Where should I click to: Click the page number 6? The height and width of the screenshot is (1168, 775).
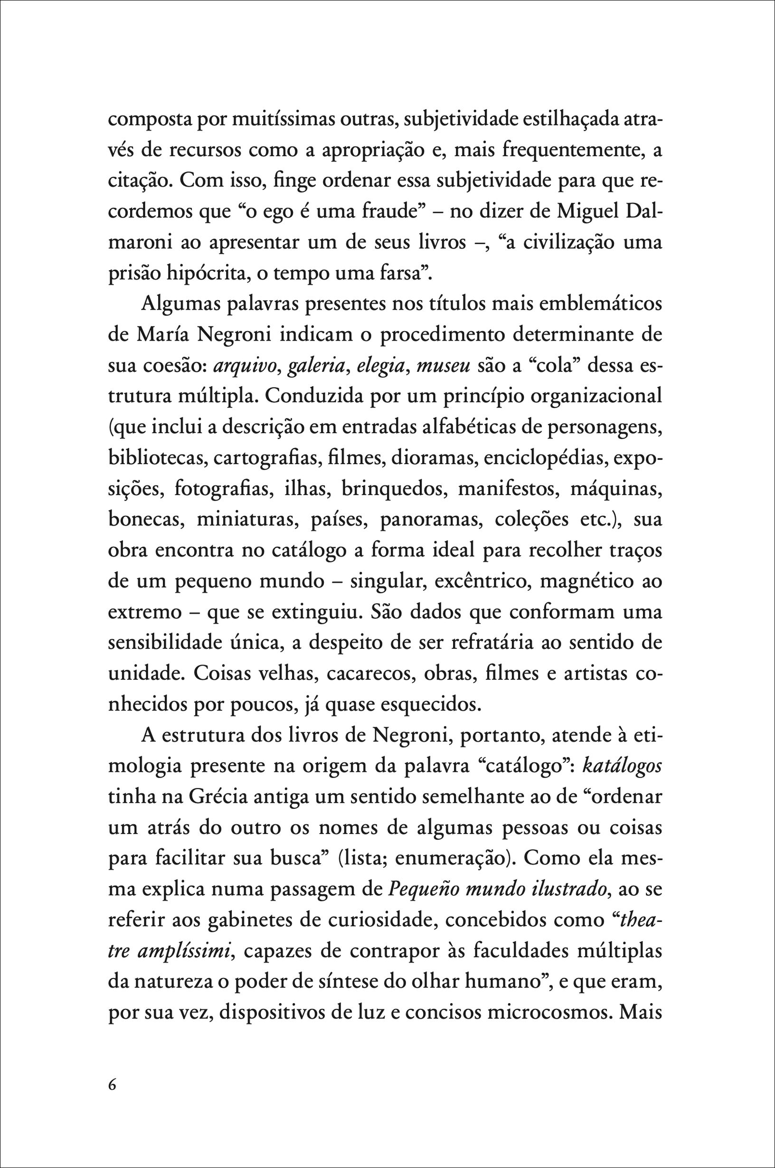112,1085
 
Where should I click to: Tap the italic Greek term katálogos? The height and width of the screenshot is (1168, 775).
622,766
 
